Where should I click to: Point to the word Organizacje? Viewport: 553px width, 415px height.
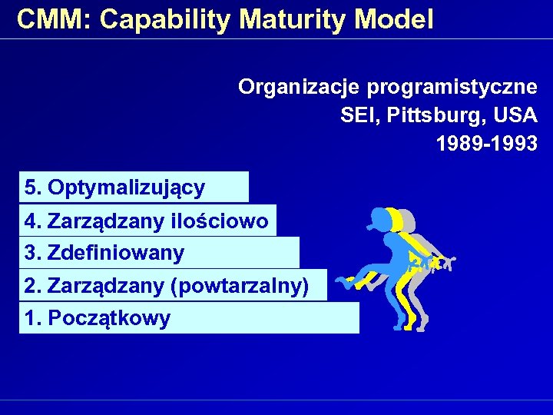[x=300, y=87]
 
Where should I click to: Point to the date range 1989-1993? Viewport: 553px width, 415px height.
[x=486, y=144]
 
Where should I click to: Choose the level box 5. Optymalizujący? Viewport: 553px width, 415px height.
[x=134, y=187]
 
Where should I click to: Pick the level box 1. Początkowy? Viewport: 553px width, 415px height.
[x=189, y=317]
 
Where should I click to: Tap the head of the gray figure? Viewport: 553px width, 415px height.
[x=406, y=220]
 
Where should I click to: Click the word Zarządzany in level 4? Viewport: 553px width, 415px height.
[x=105, y=221]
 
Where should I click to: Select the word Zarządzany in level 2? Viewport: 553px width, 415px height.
[x=105, y=286]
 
